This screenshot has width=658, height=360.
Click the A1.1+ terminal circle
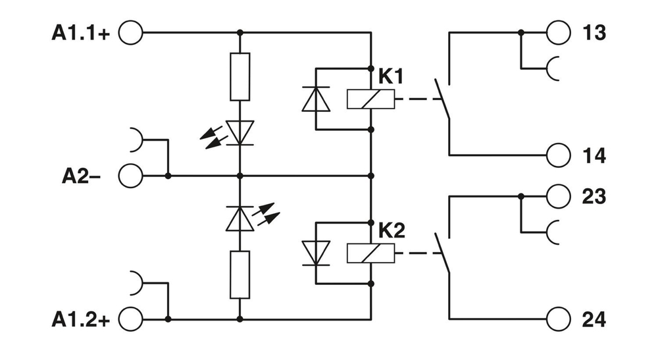(130, 32)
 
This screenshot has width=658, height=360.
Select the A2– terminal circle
(130, 176)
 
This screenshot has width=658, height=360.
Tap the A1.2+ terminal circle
(130, 319)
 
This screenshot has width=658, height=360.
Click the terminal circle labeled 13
(558, 32)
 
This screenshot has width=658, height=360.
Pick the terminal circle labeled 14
(558, 155)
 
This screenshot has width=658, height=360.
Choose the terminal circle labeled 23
(558, 196)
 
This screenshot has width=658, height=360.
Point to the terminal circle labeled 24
(558, 319)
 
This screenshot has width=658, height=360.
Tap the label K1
(390, 76)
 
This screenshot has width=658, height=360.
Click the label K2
(392, 230)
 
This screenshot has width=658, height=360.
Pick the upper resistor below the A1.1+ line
(240, 77)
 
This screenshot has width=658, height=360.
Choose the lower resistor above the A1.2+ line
(240, 274)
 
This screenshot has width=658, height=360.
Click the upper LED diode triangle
(240, 132)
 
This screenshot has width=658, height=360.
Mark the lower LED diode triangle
(240, 219)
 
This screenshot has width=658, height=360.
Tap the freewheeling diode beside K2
(316, 253)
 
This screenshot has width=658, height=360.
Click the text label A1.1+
(81, 33)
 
